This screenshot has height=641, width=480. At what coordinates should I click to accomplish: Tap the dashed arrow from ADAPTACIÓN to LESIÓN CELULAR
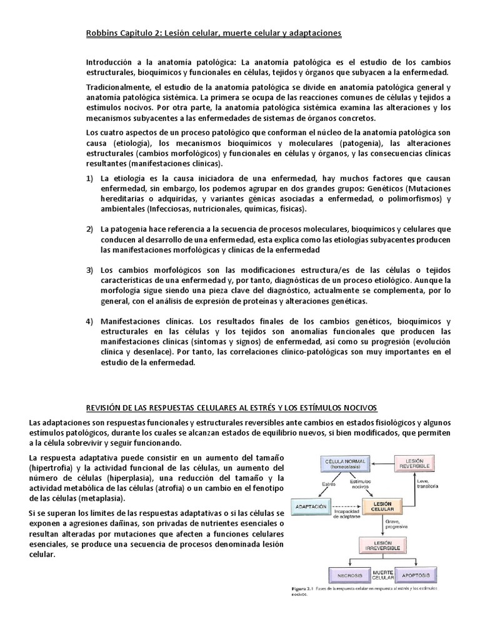[x=347, y=506]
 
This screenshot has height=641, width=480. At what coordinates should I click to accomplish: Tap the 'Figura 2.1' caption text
[x=307, y=590]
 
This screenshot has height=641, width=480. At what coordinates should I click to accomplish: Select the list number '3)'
[x=89, y=269]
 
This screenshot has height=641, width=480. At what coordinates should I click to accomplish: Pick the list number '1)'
[x=89, y=178]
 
